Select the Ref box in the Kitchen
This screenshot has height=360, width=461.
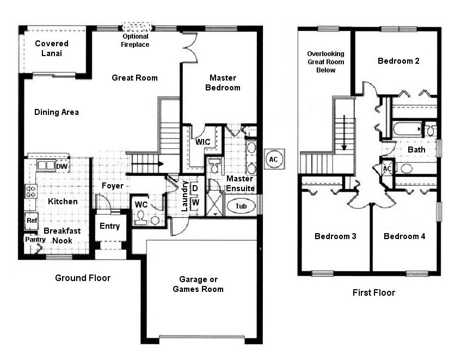(31, 221)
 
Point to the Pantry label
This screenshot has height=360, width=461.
(34, 239)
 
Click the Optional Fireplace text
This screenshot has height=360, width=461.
(136, 40)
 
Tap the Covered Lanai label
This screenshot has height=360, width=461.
(51, 48)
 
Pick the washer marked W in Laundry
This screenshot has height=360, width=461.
(195, 202)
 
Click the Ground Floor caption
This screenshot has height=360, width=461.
(83, 278)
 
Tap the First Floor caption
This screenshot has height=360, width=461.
(373, 292)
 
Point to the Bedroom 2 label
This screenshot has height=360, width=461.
(398, 61)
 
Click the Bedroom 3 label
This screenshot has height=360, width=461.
(335, 236)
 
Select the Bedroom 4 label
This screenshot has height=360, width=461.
(404, 236)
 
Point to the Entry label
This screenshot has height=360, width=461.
(109, 226)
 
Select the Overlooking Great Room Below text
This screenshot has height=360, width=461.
(325, 62)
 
